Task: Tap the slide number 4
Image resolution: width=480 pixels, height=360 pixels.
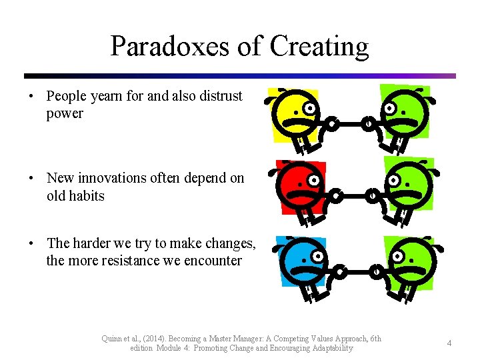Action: (449, 343)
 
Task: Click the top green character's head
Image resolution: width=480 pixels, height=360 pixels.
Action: (404, 111)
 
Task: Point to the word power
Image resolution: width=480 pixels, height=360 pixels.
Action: (65, 113)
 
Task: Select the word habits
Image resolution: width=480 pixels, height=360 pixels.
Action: (85, 196)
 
